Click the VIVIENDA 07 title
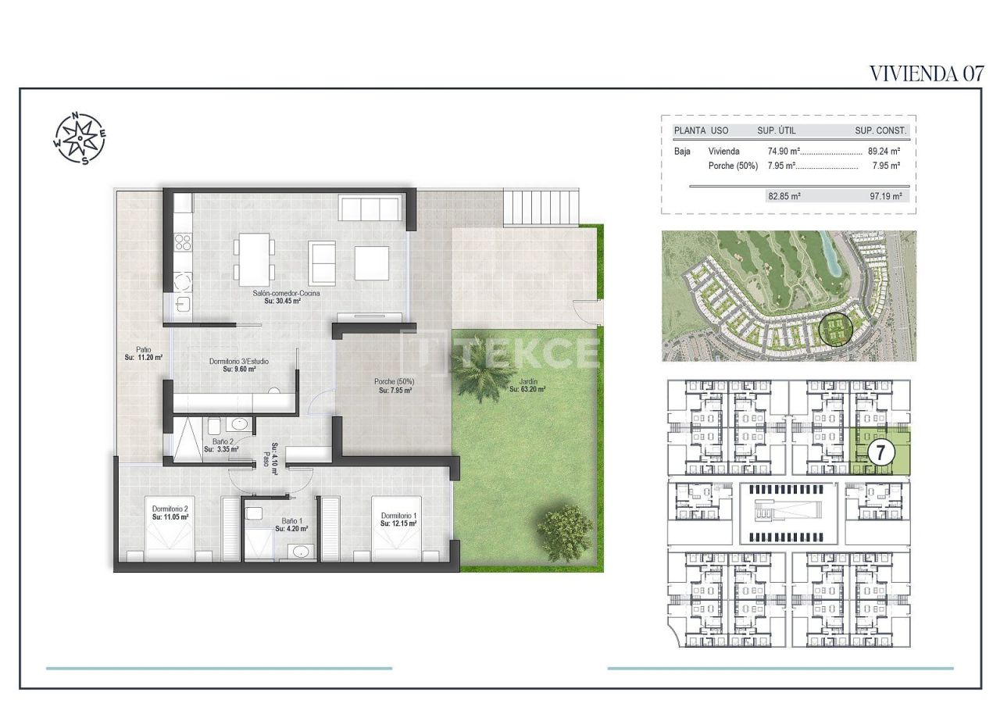[x=926, y=73]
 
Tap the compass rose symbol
[x=80, y=139]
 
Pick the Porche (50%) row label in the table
[x=733, y=166]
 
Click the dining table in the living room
[x=254, y=259]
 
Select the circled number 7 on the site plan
[x=880, y=452]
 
